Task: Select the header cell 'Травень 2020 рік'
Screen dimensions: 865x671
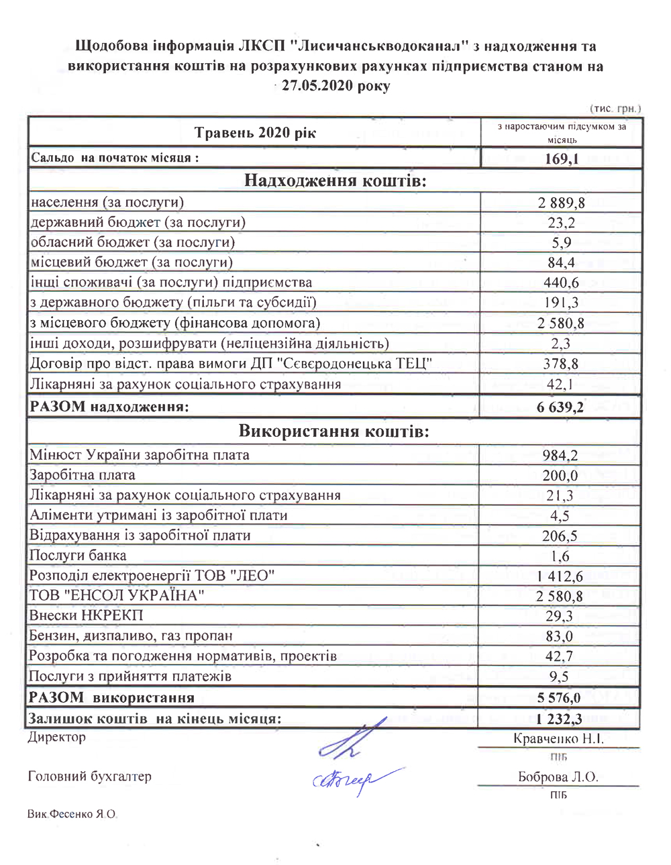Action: coord(255,132)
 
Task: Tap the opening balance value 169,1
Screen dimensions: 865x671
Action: coord(562,159)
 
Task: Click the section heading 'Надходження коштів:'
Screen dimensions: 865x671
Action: coord(335,181)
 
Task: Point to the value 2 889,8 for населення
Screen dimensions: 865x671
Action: coord(561,203)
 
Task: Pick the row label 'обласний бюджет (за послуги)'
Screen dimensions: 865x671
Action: coord(132,242)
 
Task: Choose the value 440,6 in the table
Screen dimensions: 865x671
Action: coord(561,283)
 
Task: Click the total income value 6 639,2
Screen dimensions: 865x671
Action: coord(560,407)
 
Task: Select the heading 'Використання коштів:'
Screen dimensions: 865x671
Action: coord(333,431)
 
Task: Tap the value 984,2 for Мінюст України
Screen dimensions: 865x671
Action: coord(560,455)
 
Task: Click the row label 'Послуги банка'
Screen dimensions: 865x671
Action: coord(78,556)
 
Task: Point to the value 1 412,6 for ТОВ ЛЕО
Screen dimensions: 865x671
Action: coord(560,576)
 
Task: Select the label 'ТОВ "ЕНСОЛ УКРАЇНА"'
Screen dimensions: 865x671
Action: coord(117,596)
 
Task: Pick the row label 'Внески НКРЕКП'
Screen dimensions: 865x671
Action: coord(86,616)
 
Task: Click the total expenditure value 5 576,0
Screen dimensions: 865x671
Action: coord(559,698)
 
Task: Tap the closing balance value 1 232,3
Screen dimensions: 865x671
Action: coord(559,719)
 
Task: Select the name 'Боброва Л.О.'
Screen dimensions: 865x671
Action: coord(558,777)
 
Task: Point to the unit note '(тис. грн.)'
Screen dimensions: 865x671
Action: coord(615,108)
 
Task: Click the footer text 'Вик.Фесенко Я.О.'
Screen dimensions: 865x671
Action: coord(72,814)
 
